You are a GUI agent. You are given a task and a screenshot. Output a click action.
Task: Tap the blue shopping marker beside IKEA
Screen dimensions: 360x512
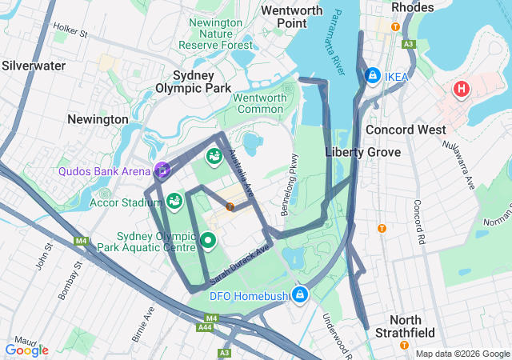tap(372, 75)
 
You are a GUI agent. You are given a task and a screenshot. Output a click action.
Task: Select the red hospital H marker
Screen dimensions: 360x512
tap(462, 89)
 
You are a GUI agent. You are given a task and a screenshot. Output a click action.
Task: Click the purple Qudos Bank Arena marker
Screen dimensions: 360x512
tap(162, 169)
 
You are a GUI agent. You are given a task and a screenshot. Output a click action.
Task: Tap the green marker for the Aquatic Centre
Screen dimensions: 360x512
tap(208, 240)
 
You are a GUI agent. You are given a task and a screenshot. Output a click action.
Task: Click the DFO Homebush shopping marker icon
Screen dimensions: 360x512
tap(300, 295)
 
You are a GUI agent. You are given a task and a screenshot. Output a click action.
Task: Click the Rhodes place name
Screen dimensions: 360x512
tap(413, 7)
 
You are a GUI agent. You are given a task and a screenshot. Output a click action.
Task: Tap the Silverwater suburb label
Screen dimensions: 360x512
tap(34, 66)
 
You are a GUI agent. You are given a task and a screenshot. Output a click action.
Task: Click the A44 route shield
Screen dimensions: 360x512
tap(206, 327)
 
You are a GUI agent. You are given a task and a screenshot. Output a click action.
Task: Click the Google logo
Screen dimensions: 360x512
tap(26, 350)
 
